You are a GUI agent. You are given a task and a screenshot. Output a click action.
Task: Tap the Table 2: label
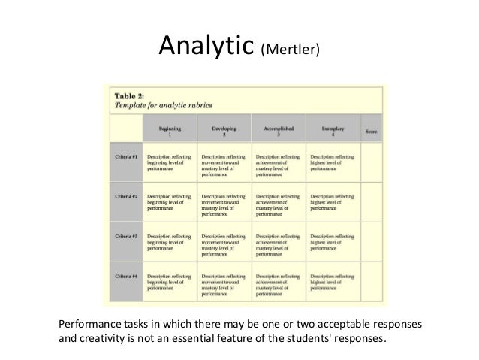click(131, 95)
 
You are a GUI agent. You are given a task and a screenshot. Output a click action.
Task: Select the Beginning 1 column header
click(170, 126)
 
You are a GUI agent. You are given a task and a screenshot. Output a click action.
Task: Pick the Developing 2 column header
click(224, 126)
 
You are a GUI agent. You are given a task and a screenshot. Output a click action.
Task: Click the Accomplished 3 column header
click(280, 126)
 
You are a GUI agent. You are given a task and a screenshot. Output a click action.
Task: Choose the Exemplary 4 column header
click(335, 126)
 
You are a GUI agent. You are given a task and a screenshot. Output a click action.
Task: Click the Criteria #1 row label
click(125, 159)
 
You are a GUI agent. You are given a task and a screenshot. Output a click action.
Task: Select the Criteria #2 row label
click(125, 198)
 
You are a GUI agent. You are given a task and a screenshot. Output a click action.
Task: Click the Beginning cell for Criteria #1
click(170, 162)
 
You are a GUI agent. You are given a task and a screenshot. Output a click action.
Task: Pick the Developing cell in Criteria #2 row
click(224, 204)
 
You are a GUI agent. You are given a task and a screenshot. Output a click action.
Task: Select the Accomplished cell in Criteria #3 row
click(280, 244)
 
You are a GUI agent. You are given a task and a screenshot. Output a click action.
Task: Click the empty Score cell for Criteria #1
click(371, 162)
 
